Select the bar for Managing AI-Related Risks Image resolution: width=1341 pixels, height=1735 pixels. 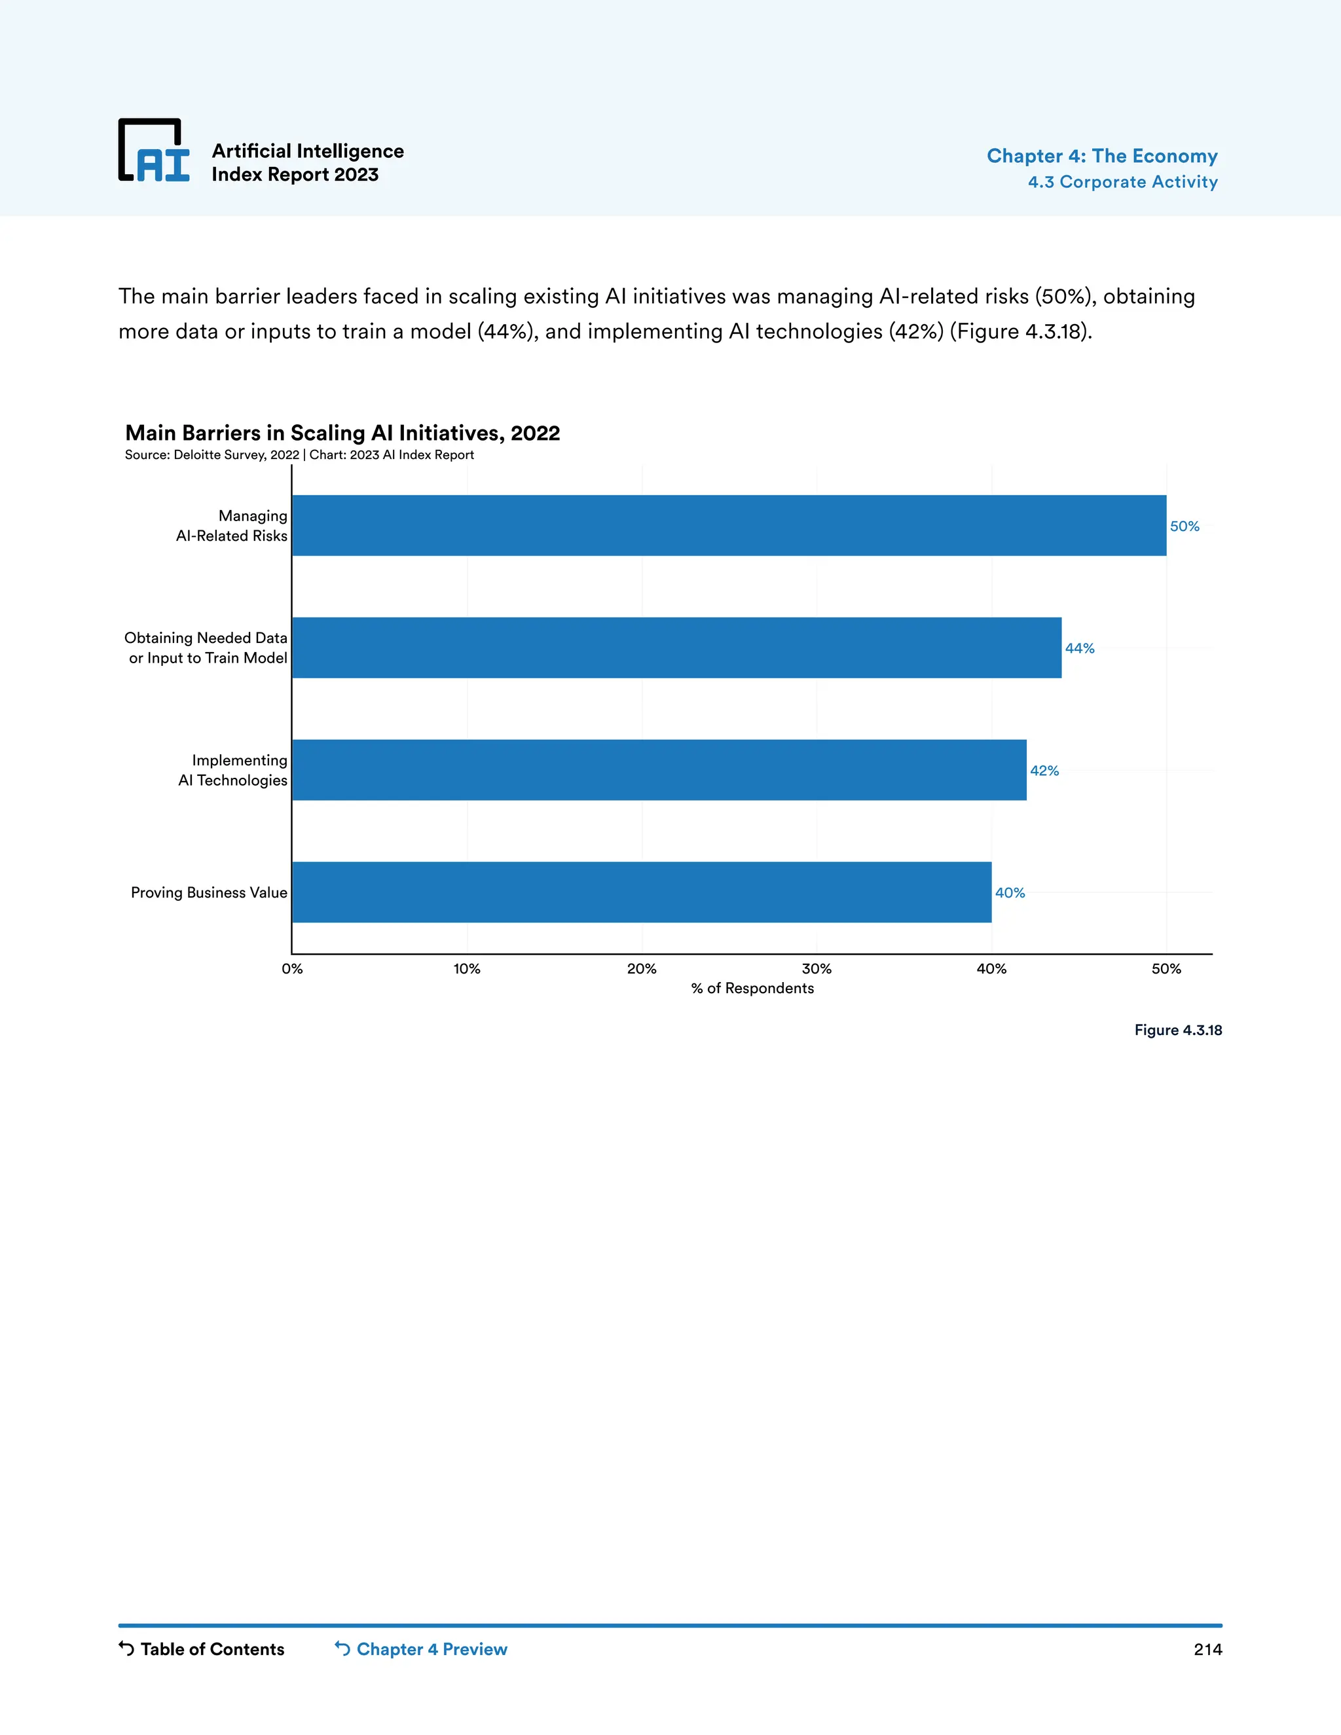pyautogui.click(x=729, y=525)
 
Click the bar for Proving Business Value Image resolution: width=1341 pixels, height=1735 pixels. pyautogui.click(x=641, y=892)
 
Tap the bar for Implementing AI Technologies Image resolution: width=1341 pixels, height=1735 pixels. pyautogui.click(x=659, y=770)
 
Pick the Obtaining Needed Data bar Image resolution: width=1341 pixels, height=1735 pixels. pyautogui.click(x=676, y=648)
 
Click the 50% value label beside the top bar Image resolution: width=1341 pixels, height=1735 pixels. pyautogui.click(x=1184, y=526)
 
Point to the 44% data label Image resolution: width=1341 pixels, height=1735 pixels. pyautogui.click(x=1079, y=648)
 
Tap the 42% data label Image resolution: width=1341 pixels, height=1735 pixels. pyautogui.click(x=1044, y=771)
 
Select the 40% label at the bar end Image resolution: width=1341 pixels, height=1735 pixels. pyautogui.click(x=1009, y=893)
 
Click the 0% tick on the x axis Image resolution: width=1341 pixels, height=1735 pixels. pyautogui.click(x=292, y=968)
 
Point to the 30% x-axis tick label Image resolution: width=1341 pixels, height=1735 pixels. pyautogui.click(x=816, y=968)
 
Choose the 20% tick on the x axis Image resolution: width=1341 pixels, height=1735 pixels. pyautogui.click(x=641, y=968)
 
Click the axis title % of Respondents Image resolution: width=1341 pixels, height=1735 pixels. pyautogui.click(x=752, y=988)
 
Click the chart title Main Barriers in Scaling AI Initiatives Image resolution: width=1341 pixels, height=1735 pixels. pyautogui.click(x=342, y=433)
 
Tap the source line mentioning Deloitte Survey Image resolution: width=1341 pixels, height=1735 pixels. pyautogui.click(x=299, y=455)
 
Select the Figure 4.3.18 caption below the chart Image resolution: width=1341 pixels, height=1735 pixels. pyautogui.click(x=1177, y=1031)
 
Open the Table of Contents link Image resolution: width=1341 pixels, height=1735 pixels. pyautogui.click(x=202, y=1649)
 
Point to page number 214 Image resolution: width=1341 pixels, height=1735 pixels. pyautogui.click(x=1207, y=1649)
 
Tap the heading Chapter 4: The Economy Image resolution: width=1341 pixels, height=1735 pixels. pyautogui.click(x=1101, y=156)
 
